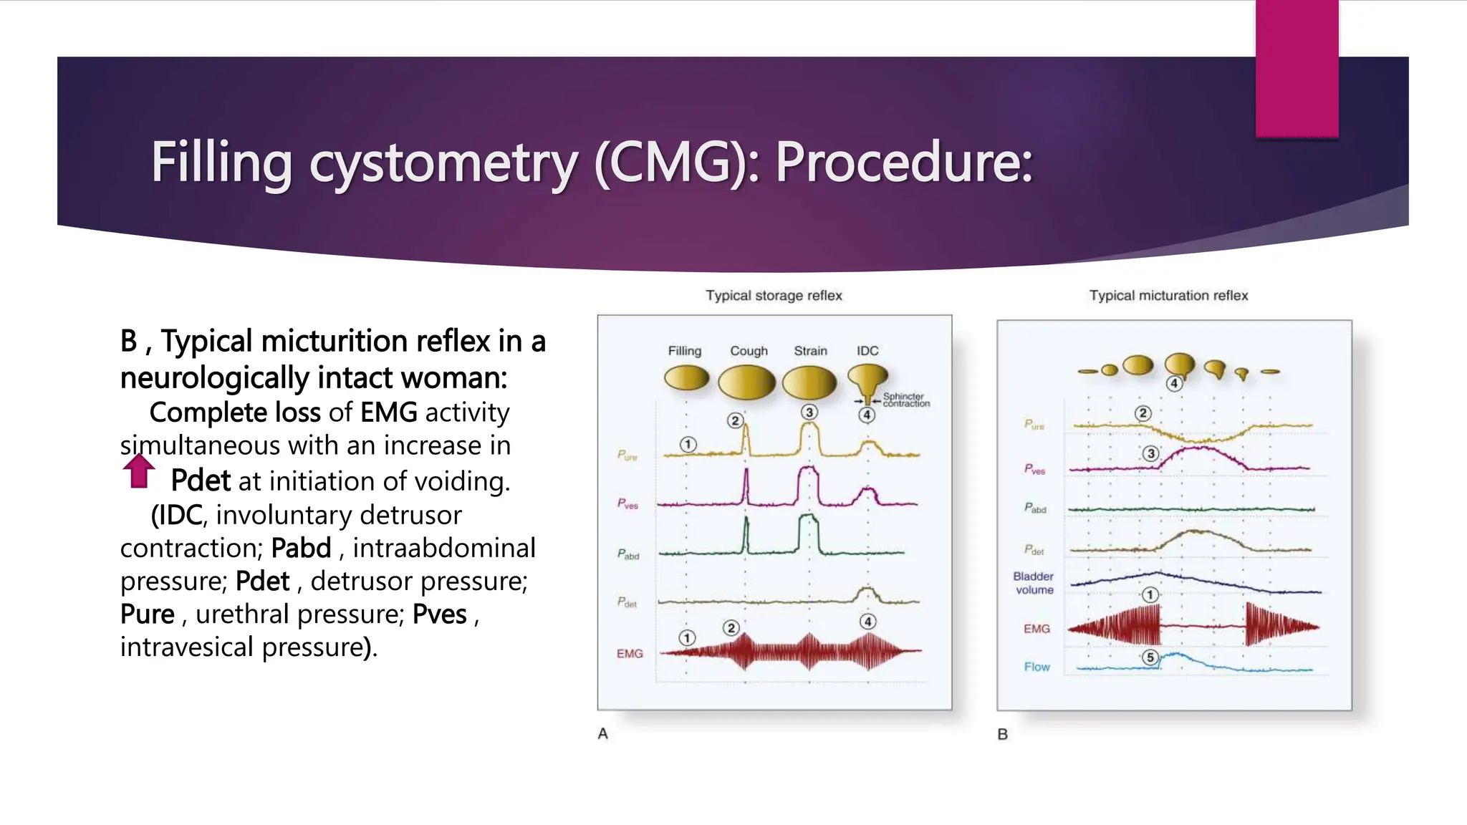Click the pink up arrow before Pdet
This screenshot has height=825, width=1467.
(x=139, y=471)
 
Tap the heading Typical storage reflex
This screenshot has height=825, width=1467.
(x=774, y=295)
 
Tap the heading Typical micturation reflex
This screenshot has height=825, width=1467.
(x=1168, y=295)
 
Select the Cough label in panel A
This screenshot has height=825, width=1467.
(x=749, y=351)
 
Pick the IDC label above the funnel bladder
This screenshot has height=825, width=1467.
(x=867, y=351)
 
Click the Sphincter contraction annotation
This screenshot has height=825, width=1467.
(x=905, y=400)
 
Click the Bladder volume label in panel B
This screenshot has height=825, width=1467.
(x=1034, y=583)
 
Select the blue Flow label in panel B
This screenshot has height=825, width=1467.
(x=1036, y=667)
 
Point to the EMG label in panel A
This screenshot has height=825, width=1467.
(x=630, y=653)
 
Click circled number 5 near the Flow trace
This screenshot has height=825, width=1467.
(x=1150, y=657)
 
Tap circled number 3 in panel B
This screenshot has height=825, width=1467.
(x=1150, y=453)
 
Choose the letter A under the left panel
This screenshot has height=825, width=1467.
(x=603, y=733)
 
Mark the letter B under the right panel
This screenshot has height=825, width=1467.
(x=1003, y=734)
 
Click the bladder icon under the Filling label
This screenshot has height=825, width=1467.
(x=686, y=377)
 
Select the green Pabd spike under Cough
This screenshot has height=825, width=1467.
(x=746, y=534)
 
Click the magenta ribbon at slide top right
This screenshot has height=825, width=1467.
(x=1297, y=68)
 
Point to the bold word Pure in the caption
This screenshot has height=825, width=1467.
(x=147, y=614)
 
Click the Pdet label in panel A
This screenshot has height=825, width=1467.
(x=627, y=602)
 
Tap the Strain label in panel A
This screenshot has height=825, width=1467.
(x=810, y=351)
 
